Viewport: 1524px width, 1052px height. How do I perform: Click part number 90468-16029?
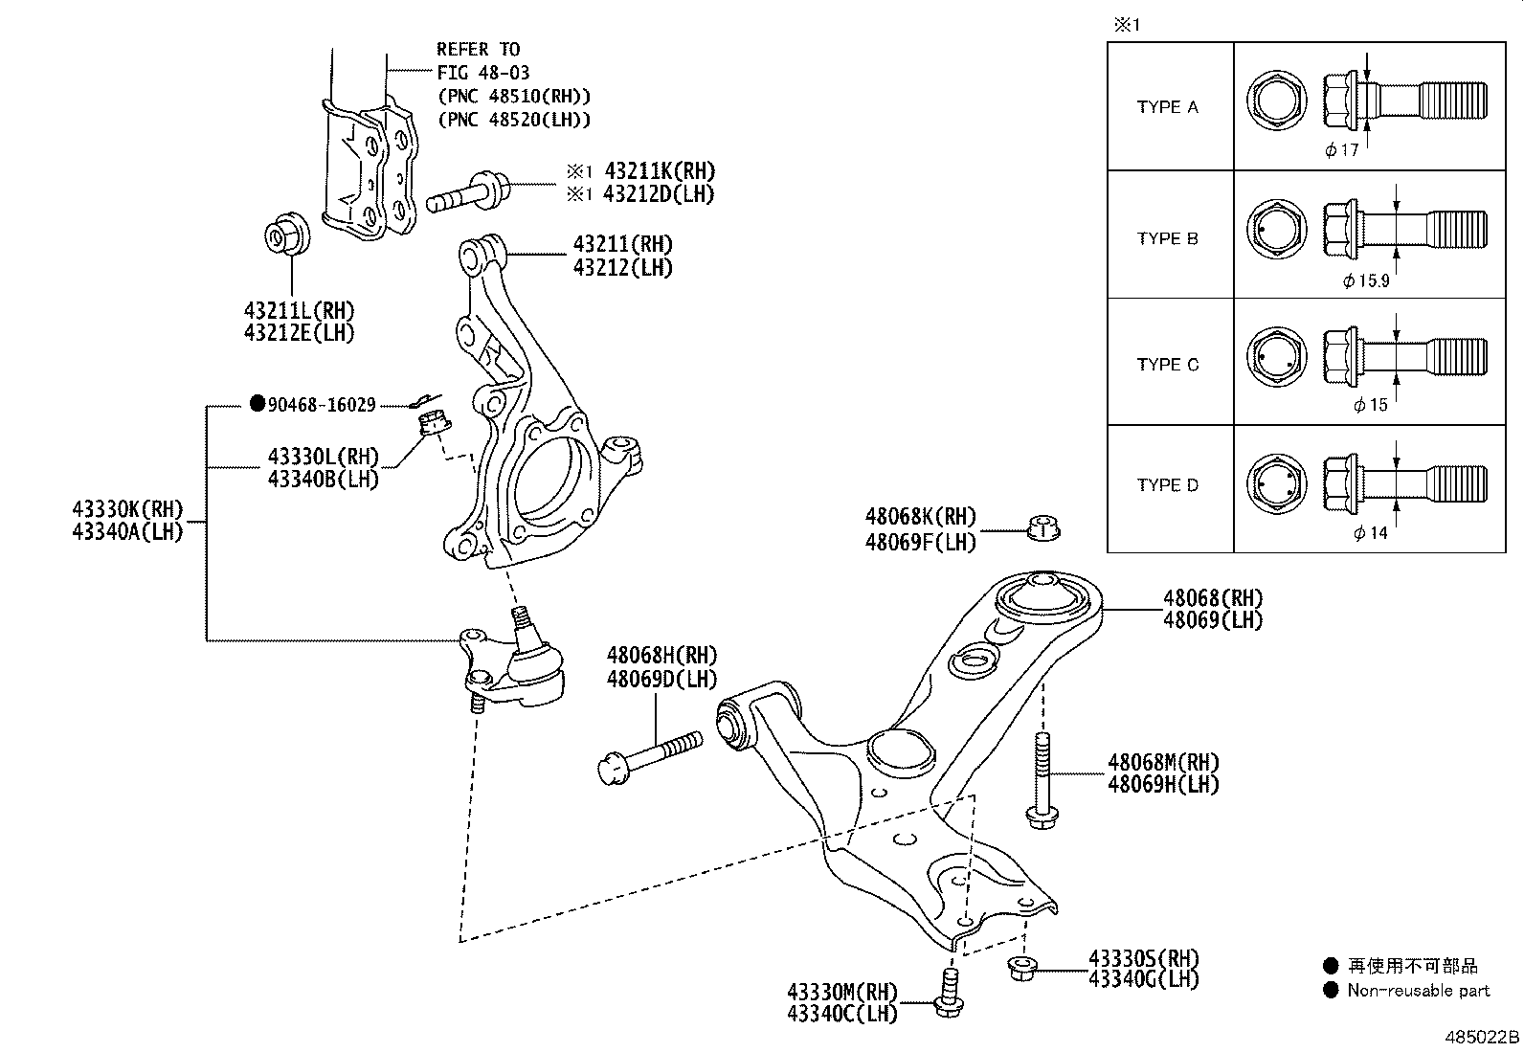(321, 405)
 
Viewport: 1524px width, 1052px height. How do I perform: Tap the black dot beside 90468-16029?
(257, 404)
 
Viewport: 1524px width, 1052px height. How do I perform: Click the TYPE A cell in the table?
(1168, 107)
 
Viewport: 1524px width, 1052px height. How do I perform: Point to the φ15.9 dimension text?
(1365, 281)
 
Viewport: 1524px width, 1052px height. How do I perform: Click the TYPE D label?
(1168, 485)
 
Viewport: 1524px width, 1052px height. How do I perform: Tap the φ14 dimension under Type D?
(1370, 533)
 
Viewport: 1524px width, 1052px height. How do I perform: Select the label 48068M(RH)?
(1163, 763)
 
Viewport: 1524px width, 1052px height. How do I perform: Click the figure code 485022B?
(1482, 1038)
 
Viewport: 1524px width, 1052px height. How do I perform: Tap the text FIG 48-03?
(482, 73)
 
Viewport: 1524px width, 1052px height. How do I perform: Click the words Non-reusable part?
(1418, 991)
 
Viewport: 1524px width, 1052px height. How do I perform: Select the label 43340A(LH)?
(126, 532)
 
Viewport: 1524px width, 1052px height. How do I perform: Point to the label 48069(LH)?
(1212, 620)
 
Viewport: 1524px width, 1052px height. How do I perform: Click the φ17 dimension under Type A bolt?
(1342, 149)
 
